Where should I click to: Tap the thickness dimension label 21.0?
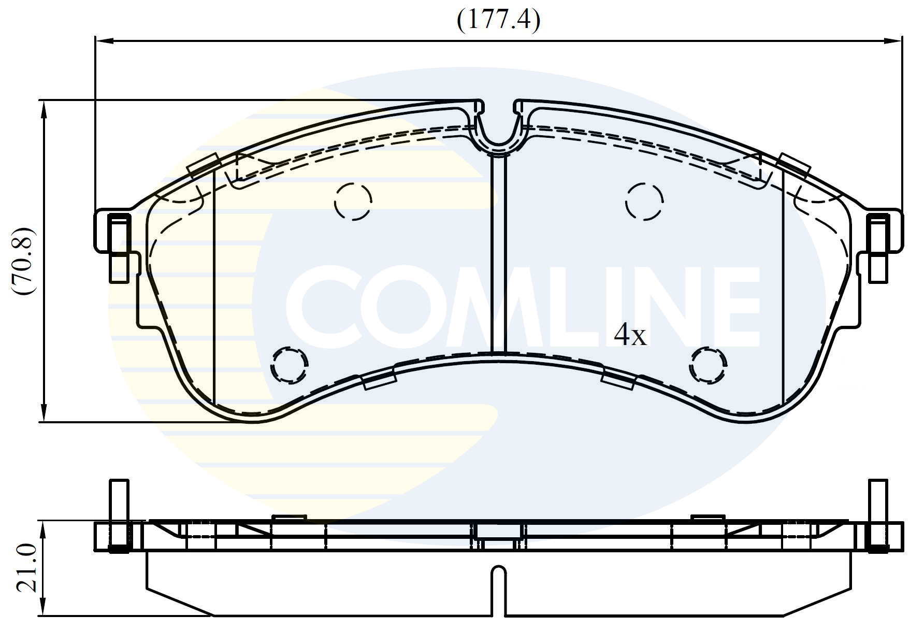(26, 568)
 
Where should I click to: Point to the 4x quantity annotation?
(630, 336)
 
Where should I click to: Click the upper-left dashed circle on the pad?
(353, 202)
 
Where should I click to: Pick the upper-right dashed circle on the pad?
(644, 202)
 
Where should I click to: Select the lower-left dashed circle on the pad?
(289, 365)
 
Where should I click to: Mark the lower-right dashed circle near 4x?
(708, 365)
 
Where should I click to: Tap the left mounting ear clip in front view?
(119, 248)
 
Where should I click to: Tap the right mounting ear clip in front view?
(879, 248)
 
